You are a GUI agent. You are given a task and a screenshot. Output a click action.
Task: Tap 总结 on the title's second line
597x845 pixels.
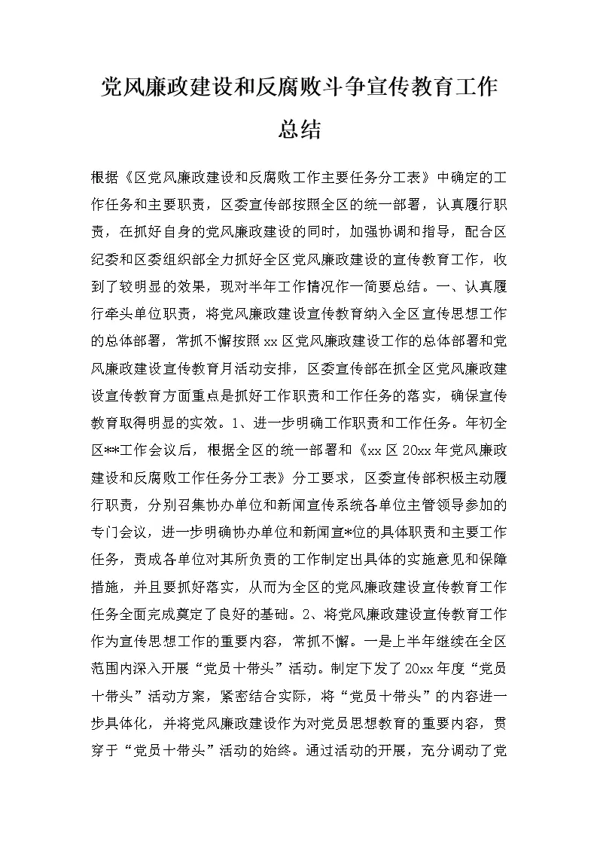tap(299, 129)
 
